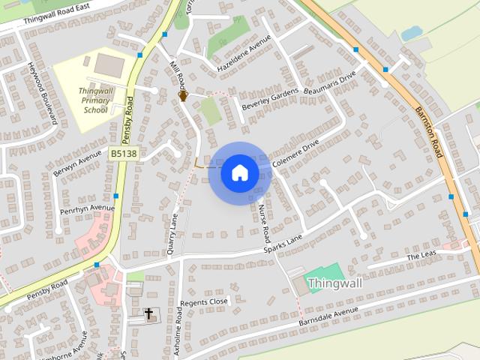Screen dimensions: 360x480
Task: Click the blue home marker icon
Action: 239,173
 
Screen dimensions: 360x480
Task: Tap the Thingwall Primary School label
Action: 96,100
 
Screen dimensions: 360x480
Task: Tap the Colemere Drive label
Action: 296,150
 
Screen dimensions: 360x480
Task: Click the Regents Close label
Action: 203,301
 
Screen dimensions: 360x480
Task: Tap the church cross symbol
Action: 148,313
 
